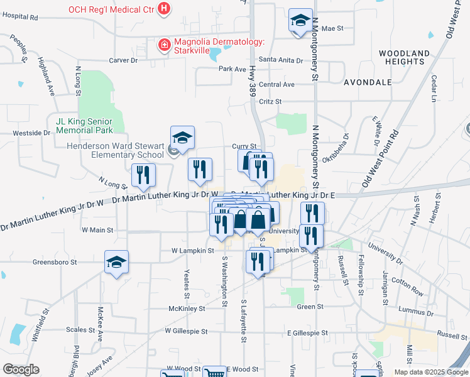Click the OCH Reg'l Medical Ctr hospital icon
pos(164,9)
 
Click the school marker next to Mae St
pos(300,21)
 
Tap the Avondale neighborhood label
pos(368,82)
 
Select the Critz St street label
pos(270,101)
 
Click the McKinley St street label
pos(187,309)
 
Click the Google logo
pos(21,369)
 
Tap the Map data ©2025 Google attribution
pos(431,372)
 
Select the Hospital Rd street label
pos(19,18)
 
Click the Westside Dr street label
pos(31,133)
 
